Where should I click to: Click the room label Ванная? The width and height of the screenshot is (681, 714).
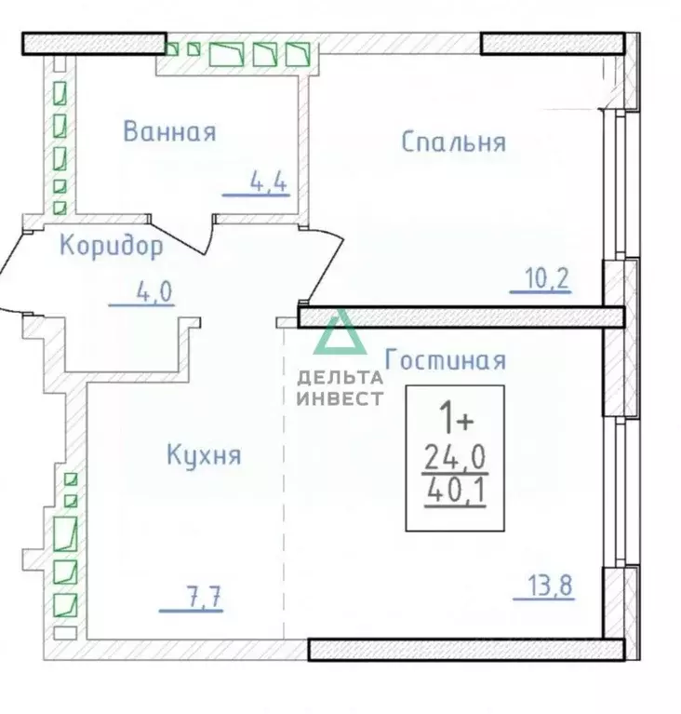tap(169, 131)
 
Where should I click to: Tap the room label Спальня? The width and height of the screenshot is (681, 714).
tap(453, 141)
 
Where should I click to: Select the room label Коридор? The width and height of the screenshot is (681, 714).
tap(112, 246)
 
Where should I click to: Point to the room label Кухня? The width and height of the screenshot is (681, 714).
tap(204, 455)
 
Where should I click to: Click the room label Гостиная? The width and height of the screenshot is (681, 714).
tap(445, 360)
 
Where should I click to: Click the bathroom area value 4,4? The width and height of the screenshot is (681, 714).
tap(268, 182)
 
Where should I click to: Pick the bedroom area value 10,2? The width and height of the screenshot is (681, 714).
tap(548, 278)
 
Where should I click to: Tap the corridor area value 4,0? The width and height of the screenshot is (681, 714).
tap(154, 292)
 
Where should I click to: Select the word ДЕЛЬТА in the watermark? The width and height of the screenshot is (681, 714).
tap(340, 377)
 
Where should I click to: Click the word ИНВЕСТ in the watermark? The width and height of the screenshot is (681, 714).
tap(340, 398)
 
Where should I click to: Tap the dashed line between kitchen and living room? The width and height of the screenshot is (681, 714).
tap(284, 484)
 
